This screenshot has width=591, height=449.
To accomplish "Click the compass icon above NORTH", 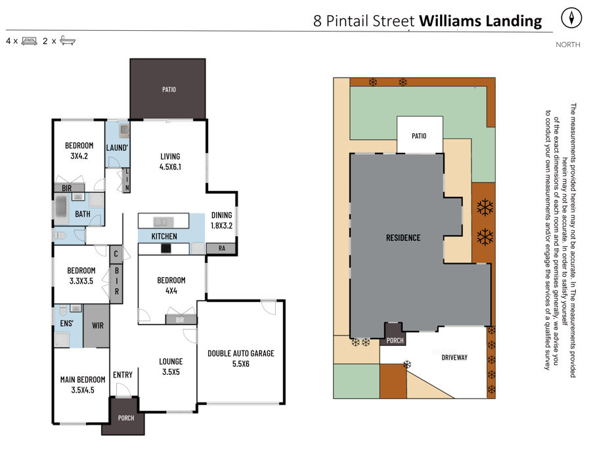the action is (571, 18).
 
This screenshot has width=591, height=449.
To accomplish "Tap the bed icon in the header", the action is (30, 41).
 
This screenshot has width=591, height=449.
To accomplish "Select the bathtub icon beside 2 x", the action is (68, 41).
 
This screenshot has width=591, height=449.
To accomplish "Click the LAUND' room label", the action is (117, 148).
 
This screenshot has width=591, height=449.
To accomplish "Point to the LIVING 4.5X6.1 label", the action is (170, 161).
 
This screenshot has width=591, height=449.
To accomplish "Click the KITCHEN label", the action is (164, 236).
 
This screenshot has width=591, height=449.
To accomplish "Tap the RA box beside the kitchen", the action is (222, 248).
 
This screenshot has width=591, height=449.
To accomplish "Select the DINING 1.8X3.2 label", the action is (222, 221).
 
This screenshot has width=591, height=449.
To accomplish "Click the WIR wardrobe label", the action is (98, 326).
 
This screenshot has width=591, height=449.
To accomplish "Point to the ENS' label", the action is (67, 323).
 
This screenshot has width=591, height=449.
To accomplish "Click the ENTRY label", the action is (123, 375).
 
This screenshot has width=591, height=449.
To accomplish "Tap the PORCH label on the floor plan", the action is (126, 418).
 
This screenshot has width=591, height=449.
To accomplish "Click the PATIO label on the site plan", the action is (419, 136).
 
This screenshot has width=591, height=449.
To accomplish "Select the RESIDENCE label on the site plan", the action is (403, 238).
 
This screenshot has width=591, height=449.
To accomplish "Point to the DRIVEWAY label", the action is (454, 358).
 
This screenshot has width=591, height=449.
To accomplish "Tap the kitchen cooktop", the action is (166, 249).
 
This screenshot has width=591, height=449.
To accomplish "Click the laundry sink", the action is (124, 131).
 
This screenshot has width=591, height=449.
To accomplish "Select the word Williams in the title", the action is (450, 21).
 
